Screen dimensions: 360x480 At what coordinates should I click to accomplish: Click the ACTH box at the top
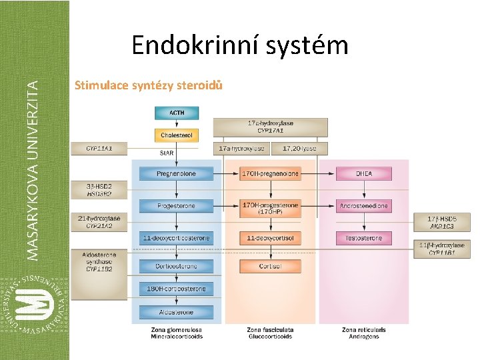177,113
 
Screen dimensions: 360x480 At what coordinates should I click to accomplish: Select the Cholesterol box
177,135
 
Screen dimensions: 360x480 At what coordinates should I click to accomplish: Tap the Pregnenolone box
177,174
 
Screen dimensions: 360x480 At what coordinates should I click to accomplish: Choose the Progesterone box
177,206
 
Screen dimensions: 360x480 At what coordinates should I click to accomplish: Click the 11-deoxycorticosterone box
177,238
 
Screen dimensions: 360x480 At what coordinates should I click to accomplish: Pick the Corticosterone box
177,266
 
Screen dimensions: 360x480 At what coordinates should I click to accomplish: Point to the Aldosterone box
177,312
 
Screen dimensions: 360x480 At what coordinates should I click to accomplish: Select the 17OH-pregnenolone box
270,174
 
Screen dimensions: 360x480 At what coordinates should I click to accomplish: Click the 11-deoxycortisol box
270,238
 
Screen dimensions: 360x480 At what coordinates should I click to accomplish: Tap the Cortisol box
270,266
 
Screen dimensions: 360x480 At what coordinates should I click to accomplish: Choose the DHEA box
363,174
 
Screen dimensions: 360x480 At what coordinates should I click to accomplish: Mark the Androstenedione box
363,206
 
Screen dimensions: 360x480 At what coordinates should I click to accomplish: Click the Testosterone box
363,238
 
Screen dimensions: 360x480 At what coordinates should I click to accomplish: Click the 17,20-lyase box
299,148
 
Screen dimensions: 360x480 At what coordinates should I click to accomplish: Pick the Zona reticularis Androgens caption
363,333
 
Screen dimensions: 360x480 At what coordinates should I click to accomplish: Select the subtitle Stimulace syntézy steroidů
149,85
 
